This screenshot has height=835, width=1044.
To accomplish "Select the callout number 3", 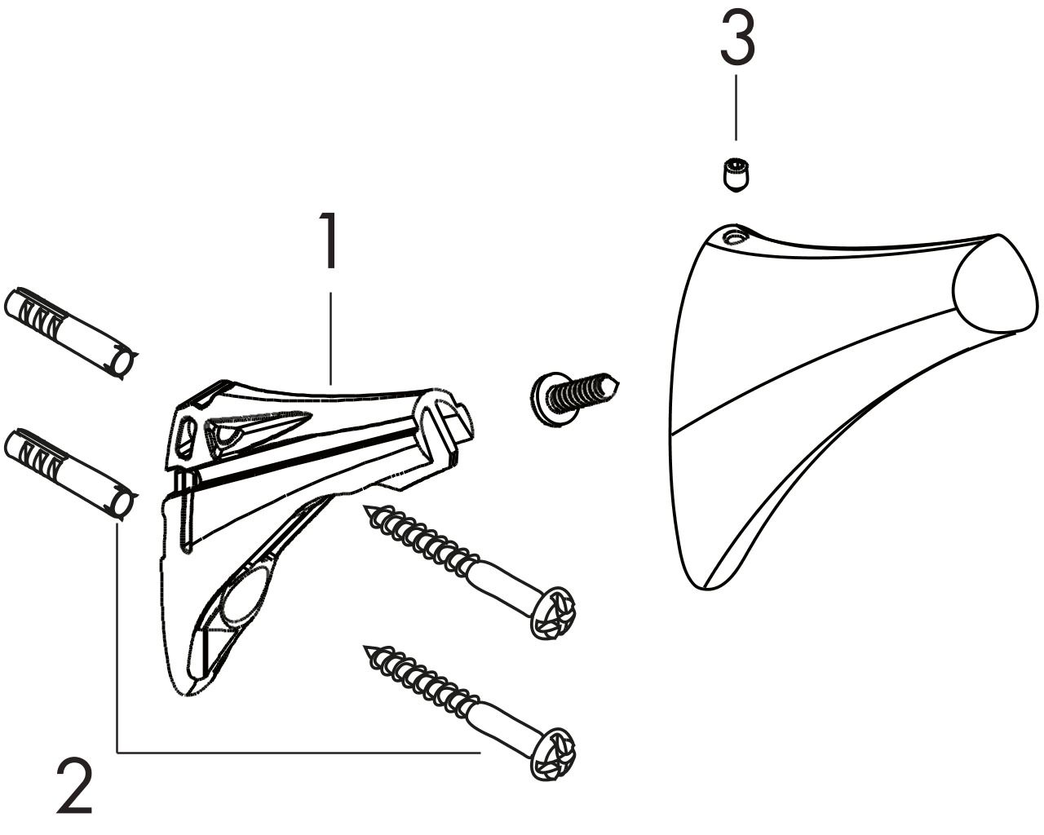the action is click(x=737, y=38).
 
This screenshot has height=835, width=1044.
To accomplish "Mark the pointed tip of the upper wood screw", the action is click(x=365, y=506).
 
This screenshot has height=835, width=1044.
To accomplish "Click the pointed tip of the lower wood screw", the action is click(x=365, y=647).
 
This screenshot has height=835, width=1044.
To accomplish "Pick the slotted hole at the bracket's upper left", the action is click(x=186, y=437).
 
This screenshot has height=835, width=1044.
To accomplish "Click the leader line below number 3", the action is click(x=737, y=108).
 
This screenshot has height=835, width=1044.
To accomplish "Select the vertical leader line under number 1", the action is click(x=330, y=338).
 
